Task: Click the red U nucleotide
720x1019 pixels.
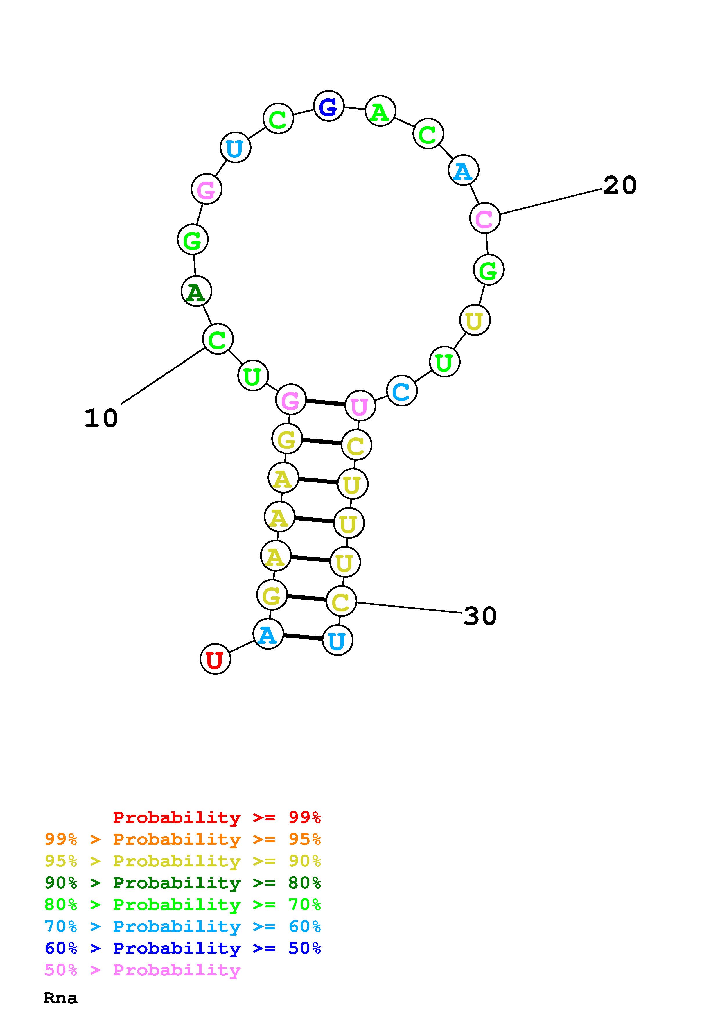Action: click(215, 659)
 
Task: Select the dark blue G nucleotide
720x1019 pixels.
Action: click(328, 106)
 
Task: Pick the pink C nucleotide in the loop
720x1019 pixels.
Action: click(484, 218)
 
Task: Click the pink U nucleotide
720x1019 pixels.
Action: click(360, 406)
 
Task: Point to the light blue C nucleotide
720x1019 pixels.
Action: click(401, 391)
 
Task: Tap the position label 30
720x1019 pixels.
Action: click(480, 616)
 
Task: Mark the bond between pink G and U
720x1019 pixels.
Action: click(325, 403)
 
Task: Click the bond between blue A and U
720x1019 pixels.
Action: click(303, 637)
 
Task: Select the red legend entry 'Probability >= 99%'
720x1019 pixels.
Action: click(216, 817)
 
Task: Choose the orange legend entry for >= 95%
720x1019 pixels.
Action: click(182, 839)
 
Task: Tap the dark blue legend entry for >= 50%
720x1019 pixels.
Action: click(182, 948)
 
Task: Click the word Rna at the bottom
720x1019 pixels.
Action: click(60, 998)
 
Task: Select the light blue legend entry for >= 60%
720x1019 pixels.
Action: click(182, 926)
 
